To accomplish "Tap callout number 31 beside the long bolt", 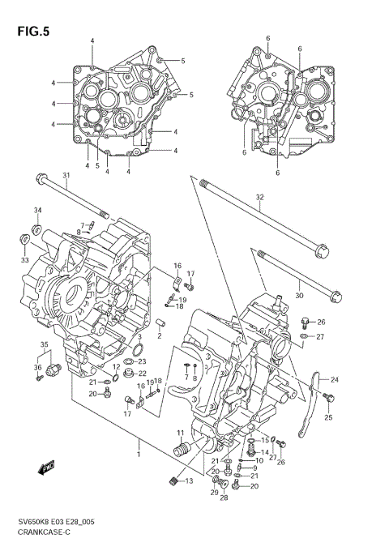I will (66, 177).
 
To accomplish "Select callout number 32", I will (259, 197).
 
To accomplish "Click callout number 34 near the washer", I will (36, 211).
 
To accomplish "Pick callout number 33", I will (24, 259).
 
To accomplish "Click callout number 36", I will (36, 367).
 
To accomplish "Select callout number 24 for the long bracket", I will (335, 379).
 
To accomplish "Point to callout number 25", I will (328, 417).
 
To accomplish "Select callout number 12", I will (117, 367).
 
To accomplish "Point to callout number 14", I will (264, 452).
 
